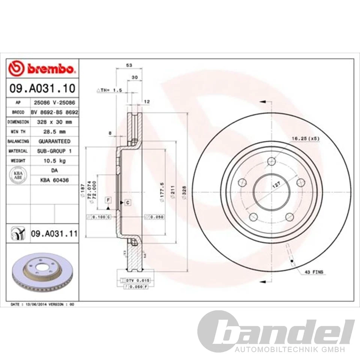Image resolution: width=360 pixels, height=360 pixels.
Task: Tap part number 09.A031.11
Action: coord(54,234)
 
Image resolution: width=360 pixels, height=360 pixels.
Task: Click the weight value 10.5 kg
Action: coord(54,160)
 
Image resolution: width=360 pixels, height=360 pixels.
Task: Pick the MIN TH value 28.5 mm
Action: coord(54,132)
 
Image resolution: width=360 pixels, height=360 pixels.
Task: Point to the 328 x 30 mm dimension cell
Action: coord(54,122)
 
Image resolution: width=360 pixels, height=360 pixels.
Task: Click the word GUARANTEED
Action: coord(54,141)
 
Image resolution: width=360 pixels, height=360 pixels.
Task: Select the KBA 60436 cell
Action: coord(54,180)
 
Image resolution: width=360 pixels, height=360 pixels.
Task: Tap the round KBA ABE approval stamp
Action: coord(18,175)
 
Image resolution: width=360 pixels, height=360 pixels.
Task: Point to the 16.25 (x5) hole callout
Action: coord(306,138)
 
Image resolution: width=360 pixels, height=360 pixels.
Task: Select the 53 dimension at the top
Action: coord(129,65)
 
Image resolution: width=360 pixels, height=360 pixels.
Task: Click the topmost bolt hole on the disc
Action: coord(272,162)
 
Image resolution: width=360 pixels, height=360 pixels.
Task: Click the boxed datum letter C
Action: coord(127,202)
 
